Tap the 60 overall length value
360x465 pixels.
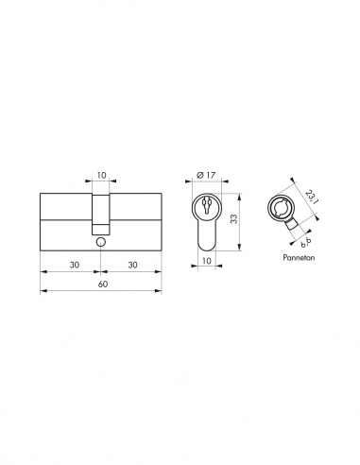tap(100, 284)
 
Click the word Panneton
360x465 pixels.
tap(298, 257)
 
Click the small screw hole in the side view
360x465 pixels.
tap(100, 242)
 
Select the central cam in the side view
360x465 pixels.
tap(100, 213)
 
